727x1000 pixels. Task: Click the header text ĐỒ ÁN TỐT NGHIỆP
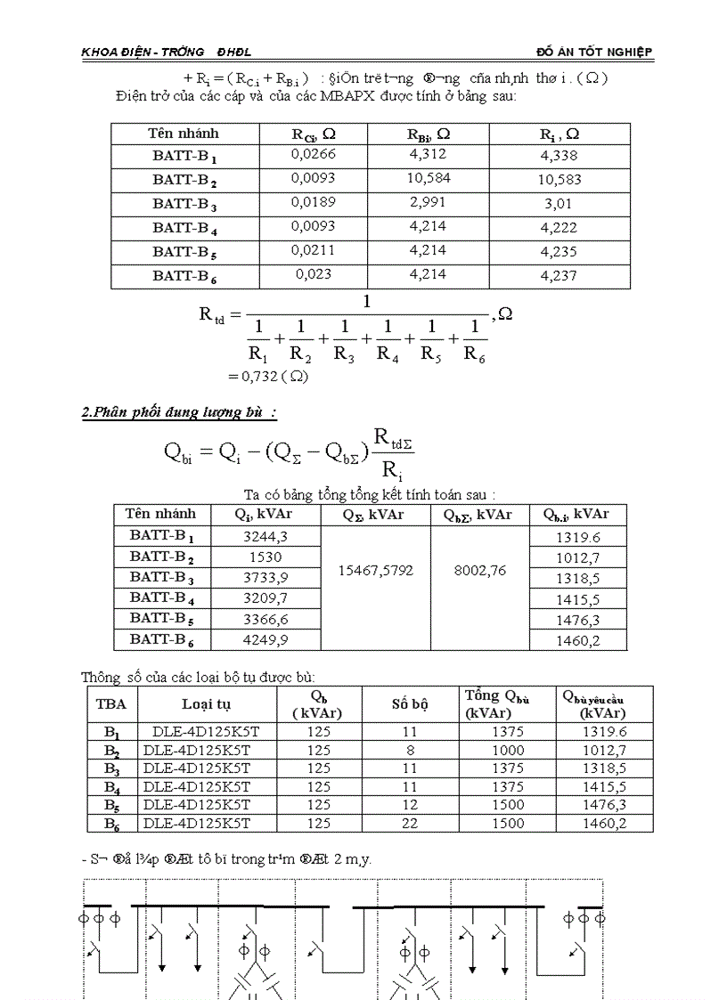[594, 53]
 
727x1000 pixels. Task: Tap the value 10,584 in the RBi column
[427, 178]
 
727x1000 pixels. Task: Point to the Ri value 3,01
[558, 204]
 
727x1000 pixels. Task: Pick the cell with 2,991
[427, 202]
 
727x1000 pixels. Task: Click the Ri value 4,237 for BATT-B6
[558, 276]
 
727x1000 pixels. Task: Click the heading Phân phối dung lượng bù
[178, 412]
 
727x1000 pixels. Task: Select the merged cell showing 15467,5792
[375, 570]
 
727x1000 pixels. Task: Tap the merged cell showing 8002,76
[480, 570]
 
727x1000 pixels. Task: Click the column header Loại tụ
[206, 703]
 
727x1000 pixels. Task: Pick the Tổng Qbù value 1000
[507, 751]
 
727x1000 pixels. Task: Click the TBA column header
[111, 703]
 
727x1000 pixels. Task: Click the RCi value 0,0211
[313, 250]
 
